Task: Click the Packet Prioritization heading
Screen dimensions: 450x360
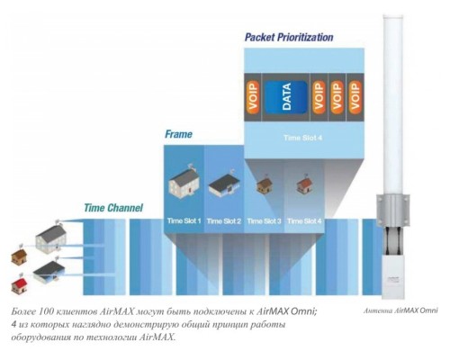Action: (x=289, y=37)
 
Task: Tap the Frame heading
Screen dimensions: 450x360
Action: (x=178, y=134)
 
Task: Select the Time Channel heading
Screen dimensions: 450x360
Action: (x=113, y=208)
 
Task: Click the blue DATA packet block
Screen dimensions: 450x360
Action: (x=286, y=97)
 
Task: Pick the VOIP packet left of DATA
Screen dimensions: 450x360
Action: (x=253, y=97)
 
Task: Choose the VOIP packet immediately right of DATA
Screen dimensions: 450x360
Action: (x=319, y=97)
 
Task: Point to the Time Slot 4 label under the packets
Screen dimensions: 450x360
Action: (x=302, y=138)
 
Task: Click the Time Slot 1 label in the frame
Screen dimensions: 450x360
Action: (x=184, y=221)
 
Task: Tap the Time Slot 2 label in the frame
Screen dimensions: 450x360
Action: (x=224, y=221)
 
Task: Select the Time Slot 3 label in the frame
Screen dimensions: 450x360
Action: (x=264, y=221)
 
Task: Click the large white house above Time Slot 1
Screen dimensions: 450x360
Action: (x=184, y=181)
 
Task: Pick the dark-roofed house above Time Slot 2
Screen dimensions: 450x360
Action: (x=224, y=184)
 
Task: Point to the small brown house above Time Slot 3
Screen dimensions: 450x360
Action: (x=265, y=184)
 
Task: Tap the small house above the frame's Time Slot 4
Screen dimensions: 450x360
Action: (x=304, y=184)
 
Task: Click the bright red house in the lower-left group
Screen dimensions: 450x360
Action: (x=19, y=284)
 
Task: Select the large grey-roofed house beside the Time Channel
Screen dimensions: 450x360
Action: (x=51, y=238)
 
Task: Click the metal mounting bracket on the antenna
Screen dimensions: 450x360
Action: (x=393, y=210)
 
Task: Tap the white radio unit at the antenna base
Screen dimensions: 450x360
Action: (x=393, y=277)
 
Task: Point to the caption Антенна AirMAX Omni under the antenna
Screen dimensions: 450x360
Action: (x=400, y=310)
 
